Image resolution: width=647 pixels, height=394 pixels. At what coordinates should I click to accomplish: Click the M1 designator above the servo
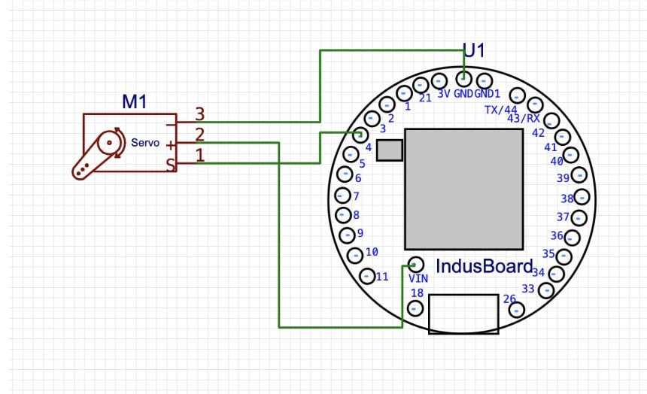(x=134, y=102)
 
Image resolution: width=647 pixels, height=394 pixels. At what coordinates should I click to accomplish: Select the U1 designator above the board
(x=474, y=51)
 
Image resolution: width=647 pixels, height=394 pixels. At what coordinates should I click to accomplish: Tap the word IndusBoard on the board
(x=484, y=266)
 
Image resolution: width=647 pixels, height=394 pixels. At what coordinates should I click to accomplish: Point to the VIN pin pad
(x=416, y=264)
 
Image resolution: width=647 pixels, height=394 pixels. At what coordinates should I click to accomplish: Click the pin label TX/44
(x=501, y=109)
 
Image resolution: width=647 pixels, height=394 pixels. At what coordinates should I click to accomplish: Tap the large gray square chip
(x=463, y=189)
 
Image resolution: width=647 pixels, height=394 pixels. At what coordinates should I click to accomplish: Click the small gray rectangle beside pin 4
(x=389, y=150)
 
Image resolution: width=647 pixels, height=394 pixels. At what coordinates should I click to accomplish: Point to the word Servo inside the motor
(x=145, y=142)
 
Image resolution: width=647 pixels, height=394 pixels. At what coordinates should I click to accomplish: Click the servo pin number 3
(x=200, y=114)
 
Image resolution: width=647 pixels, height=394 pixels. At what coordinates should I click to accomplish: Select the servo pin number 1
(x=200, y=156)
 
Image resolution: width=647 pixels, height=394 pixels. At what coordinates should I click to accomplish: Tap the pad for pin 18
(x=415, y=308)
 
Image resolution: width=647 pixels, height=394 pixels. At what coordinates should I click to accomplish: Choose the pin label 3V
(x=443, y=94)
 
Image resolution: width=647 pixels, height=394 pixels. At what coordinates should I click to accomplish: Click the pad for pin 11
(x=368, y=275)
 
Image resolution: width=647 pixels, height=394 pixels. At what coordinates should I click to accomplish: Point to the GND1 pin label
(x=488, y=94)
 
